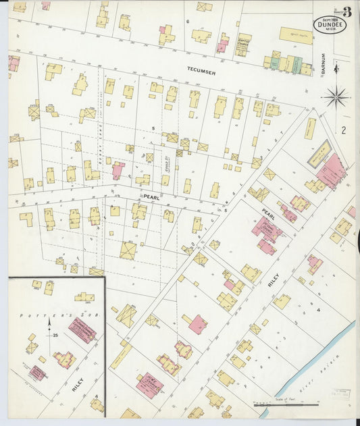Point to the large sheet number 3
[x=346, y=11]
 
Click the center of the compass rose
[x=336, y=97]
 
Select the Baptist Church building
[x=242, y=45]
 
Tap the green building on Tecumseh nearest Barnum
[x=298, y=64]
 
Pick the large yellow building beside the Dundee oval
[x=296, y=35]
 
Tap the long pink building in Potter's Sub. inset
[x=82, y=331]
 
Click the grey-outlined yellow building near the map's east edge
[x=319, y=153]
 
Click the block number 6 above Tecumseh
[x=186, y=21]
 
